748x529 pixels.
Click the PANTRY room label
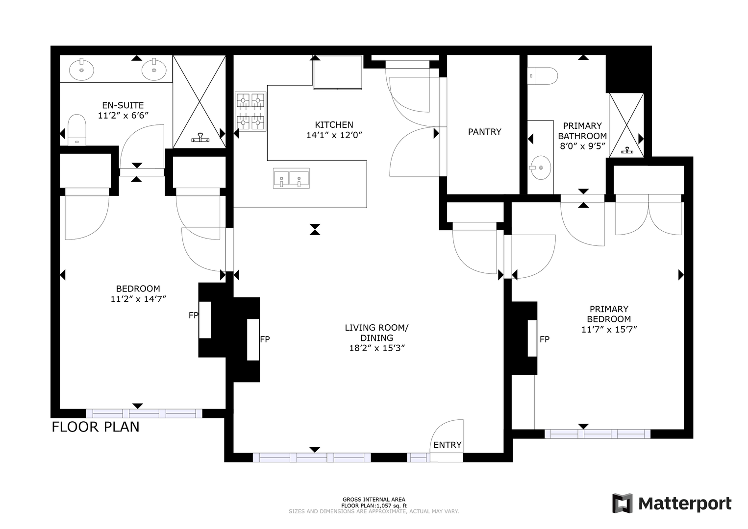coord(484,132)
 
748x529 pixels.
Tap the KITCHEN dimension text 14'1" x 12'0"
coord(334,135)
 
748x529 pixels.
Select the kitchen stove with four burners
coord(250,112)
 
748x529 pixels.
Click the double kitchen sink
coord(291,178)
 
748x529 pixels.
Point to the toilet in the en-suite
coord(77,130)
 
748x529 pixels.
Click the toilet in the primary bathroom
coord(542,76)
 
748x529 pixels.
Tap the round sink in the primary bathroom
coord(541,167)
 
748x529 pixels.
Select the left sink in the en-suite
coord(81,70)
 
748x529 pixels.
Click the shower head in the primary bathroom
coord(627,150)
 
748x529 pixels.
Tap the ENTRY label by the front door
coord(448,445)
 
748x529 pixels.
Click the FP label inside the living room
coord(265,339)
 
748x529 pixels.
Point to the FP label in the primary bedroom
coord(545,339)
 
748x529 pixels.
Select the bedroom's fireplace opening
coord(205,320)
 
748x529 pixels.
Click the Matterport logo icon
coord(623,503)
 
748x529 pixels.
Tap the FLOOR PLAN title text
coord(96,427)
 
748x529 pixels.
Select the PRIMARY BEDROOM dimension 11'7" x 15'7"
coord(609,330)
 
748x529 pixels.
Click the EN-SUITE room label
coord(123,105)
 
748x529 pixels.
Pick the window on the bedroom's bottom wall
coord(144,413)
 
